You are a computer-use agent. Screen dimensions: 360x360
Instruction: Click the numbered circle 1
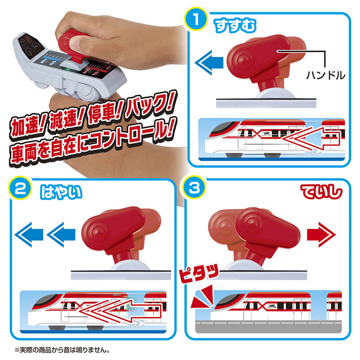click(x=196, y=19)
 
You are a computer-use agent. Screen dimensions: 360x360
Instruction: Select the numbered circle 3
click(x=194, y=188)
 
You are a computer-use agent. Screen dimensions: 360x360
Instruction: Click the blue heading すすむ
click(x=235, y=26)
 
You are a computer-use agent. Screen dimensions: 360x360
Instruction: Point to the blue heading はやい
click(x=61, y=192)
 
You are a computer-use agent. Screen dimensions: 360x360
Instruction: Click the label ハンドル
click(x=325, y=75)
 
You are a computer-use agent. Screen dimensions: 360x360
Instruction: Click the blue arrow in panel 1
click(x=209, y=63)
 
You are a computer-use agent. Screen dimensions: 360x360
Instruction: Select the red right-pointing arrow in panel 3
click(x=321, y=234)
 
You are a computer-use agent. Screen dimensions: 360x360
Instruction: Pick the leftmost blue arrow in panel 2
click(x=29, y=234)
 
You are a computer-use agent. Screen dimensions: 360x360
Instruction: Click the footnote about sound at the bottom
click(x=62, y=350)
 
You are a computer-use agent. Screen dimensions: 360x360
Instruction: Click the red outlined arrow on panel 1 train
click(x=311, y=139)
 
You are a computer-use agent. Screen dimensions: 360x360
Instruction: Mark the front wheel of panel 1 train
click(x=234, y=155)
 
